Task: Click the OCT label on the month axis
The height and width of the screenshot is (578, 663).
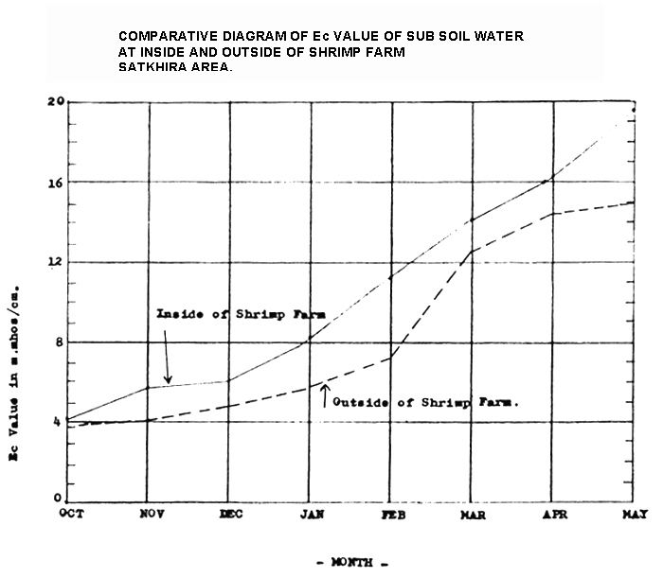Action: click(72, 513)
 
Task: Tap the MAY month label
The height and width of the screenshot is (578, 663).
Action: click(635, 513)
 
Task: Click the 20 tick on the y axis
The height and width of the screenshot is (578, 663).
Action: click(57, 102)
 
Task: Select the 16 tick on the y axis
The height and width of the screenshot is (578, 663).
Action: click(57, 182)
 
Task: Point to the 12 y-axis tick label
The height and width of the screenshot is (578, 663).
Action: click(57, 262)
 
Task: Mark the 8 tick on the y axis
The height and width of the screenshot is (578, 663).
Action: click(59, 342)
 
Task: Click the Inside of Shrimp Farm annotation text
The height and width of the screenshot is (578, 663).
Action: click(241, 314)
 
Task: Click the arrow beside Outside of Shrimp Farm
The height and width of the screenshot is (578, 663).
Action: click(325, 395)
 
